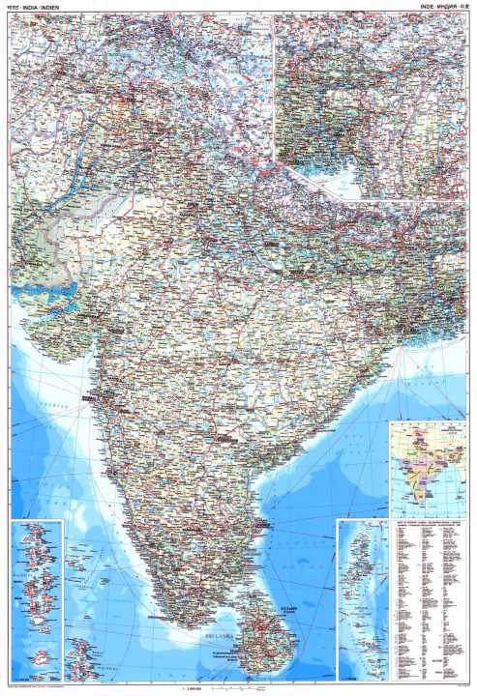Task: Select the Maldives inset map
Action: coord(36,599)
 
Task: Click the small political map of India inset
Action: coord(427,470)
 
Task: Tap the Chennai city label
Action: coord(253,522)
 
